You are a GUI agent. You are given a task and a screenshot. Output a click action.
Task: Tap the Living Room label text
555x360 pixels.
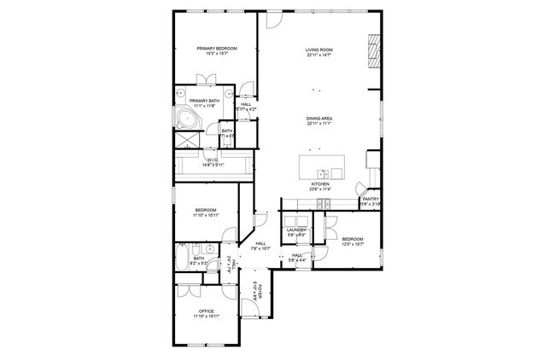point(319,50)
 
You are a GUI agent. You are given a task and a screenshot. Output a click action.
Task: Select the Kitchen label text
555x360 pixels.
point(319,184)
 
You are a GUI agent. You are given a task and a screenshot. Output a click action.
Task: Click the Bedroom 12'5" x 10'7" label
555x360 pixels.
point(353,240)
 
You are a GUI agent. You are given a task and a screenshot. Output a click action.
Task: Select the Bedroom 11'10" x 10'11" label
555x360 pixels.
point(206,211)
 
